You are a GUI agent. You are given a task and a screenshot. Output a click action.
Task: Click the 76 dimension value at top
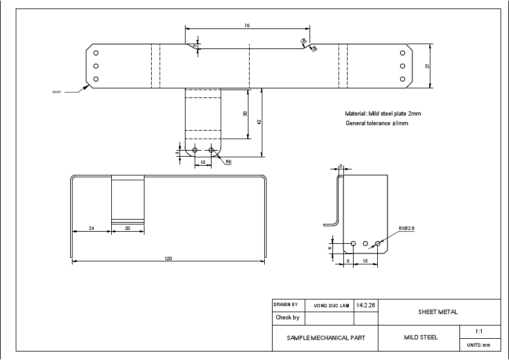pos(247,26)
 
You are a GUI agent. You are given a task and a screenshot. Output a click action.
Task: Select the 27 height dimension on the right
pos(427,66)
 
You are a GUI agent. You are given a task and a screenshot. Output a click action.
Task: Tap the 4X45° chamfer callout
pos(57,92)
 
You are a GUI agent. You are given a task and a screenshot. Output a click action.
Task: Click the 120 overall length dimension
pos(168,258)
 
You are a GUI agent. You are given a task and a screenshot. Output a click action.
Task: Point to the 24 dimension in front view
pos(91,228)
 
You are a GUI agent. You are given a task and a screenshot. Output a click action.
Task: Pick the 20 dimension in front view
pos(128,228)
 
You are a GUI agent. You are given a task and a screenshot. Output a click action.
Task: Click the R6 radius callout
pos(229,162)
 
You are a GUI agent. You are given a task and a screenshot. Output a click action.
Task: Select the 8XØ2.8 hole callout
pos(407,228)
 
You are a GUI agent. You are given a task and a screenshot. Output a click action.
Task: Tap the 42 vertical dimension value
pos(259,122)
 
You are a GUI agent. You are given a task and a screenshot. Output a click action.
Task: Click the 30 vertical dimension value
pos(245,114)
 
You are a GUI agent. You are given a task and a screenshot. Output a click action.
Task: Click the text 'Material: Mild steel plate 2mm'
pos(378,113)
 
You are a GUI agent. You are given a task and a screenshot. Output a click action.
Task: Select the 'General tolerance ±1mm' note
pos(377,123)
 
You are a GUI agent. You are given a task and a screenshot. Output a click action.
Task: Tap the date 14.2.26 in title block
pos(366,306)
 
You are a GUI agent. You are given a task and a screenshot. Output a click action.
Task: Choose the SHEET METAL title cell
pos(438,312)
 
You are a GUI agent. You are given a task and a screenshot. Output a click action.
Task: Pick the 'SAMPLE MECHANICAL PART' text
pos(325,338)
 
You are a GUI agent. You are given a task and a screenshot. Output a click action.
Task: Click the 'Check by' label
pos(288,317)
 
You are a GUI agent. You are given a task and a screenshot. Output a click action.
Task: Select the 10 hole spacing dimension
pos(203,163)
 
